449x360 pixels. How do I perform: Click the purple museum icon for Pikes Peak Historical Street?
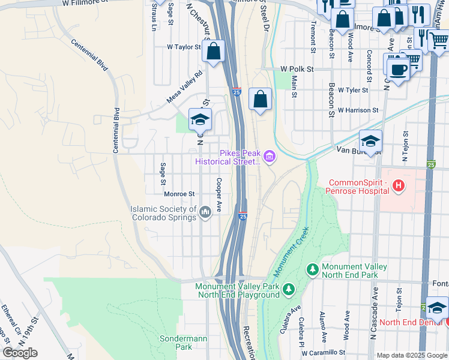[270, 158]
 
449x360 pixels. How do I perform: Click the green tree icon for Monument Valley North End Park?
[312, 271]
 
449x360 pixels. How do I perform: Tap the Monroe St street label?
[179, 194]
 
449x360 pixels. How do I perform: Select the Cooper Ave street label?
[220, 195]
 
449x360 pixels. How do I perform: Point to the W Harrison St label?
[358, 110]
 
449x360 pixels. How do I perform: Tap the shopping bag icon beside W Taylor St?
[213, 51]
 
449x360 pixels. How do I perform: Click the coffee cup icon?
[397, 69]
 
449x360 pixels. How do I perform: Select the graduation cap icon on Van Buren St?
[370, 142]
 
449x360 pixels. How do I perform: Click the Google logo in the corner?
[20, 353]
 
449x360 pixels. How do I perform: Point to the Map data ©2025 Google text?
[411, 355]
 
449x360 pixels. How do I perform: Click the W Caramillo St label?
[324, 353]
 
